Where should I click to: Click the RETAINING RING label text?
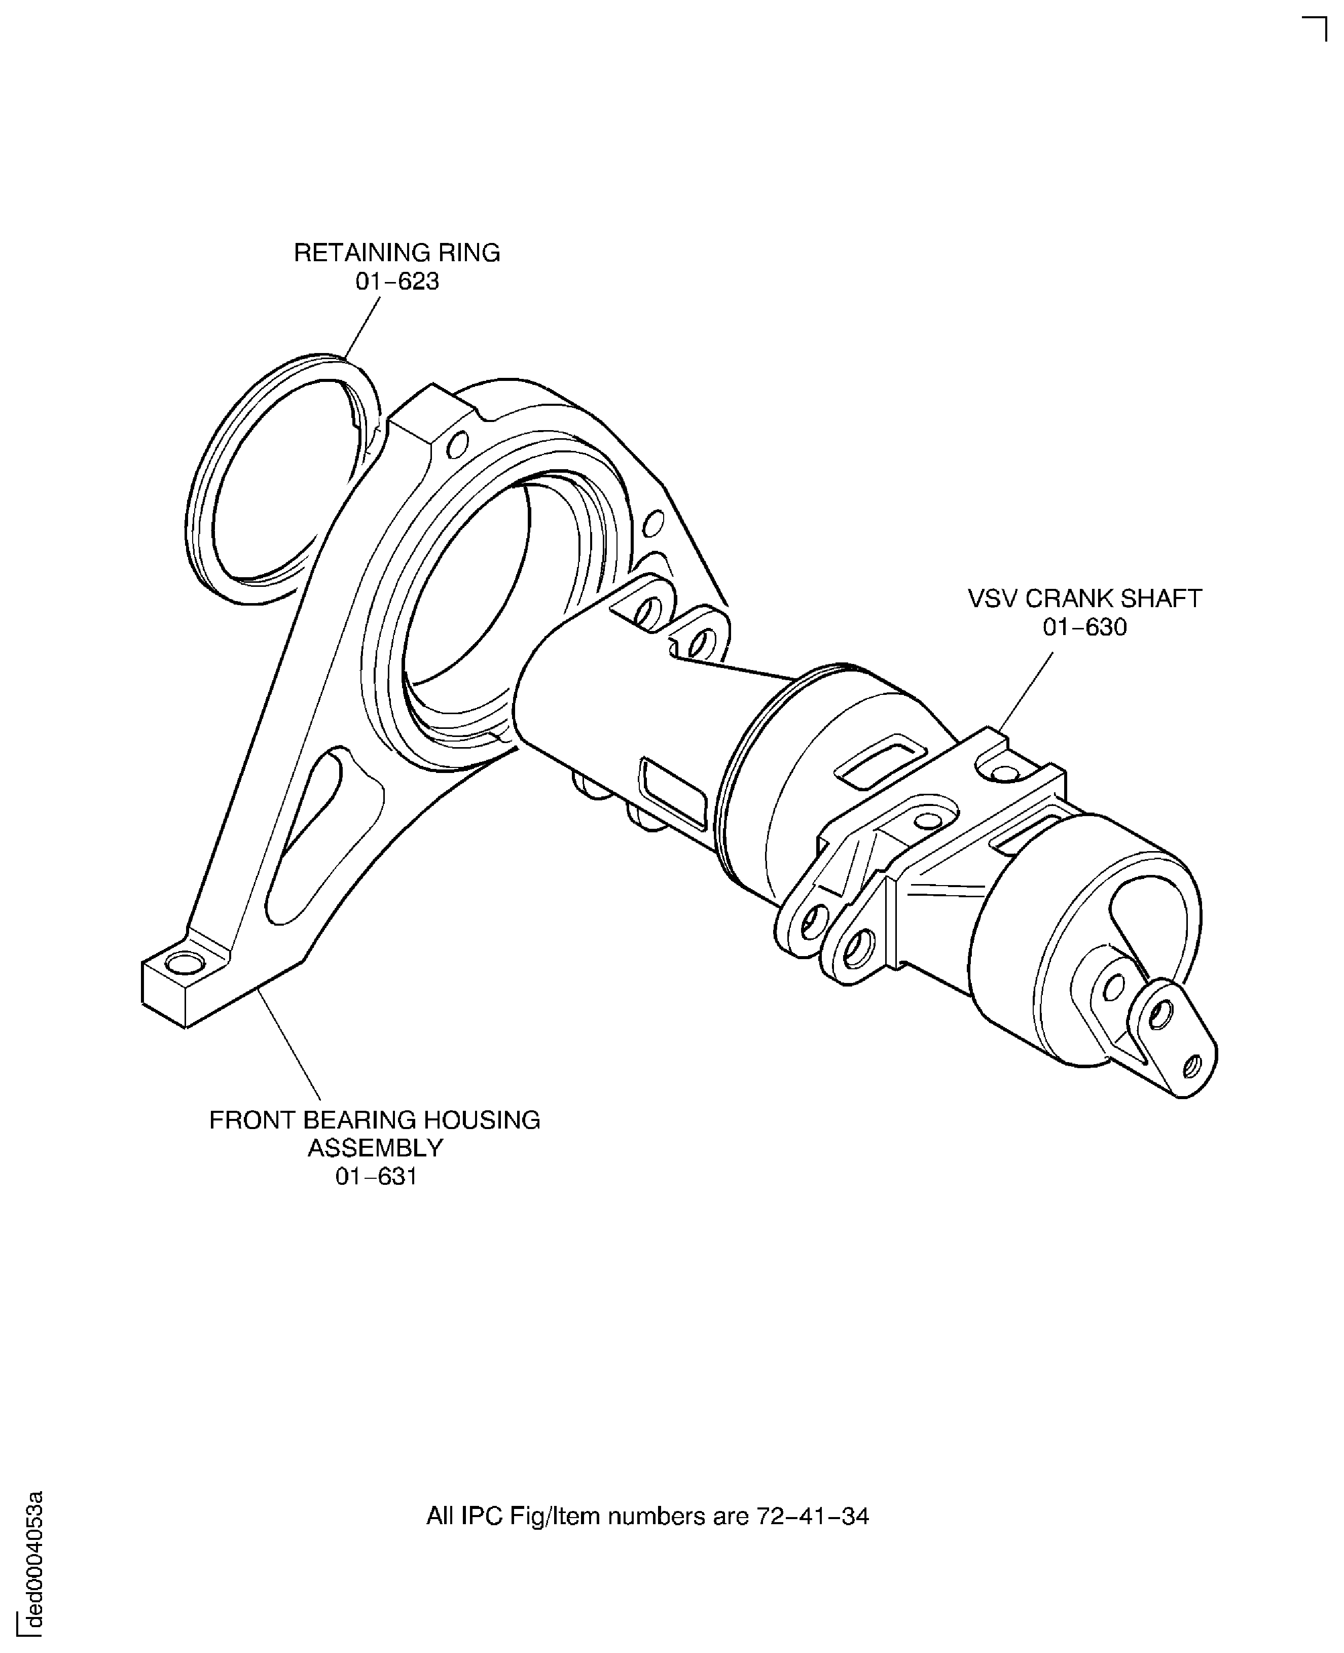click(396, 253)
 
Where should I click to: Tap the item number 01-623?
click(396, 281)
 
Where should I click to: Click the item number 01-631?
click(376, 1177)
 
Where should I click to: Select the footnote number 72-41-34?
click(812, 1516)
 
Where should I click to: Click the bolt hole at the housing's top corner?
click(458, 445)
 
